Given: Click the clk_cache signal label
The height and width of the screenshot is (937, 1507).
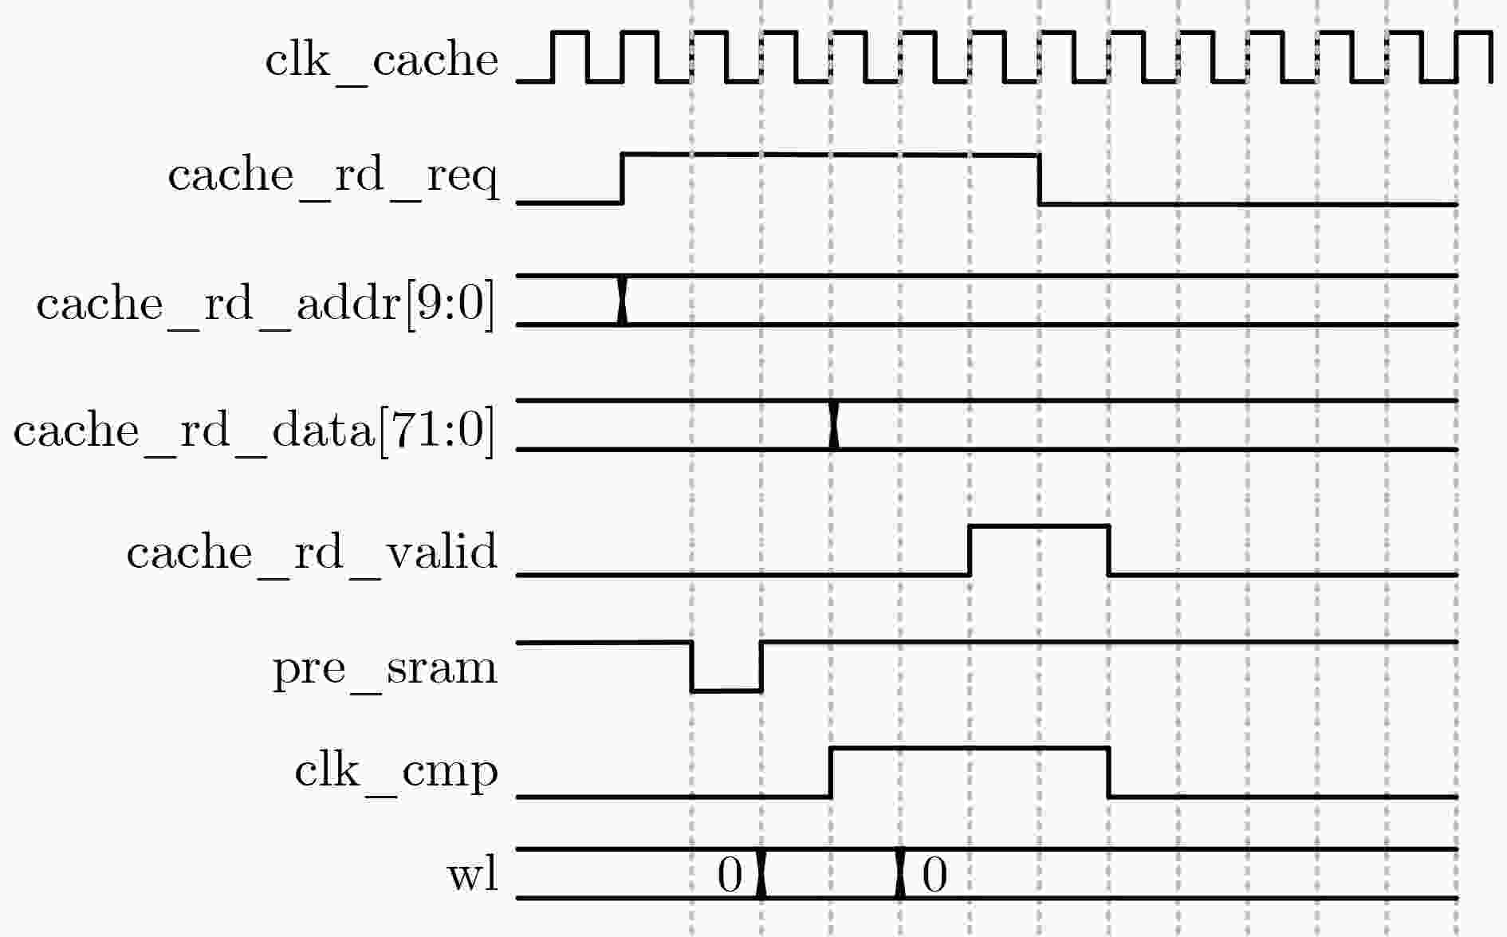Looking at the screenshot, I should pyautogui.click(x=381, y=60).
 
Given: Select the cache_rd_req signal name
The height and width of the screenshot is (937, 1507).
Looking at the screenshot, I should pyautogui.click(x=333, y=175).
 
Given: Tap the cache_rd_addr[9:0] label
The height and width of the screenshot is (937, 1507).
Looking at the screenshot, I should pyautogui.click(x=266, y=304).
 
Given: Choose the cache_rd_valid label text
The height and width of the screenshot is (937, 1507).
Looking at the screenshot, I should pyautogui.click(x=312, y=552).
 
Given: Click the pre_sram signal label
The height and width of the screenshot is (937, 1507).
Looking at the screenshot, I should pyautogui.click(x=385, y=667).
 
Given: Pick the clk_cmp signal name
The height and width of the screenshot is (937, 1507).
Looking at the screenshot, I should pyautogui.click(x=396, y=771).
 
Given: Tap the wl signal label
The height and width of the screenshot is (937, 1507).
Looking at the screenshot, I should pyautogui.click(x=472, y=874).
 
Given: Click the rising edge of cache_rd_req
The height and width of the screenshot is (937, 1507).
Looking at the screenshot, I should pyautogui.click(x=622, y=179).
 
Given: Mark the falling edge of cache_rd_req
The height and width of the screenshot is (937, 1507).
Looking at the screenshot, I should pyautogui.click(x=1040, y=179).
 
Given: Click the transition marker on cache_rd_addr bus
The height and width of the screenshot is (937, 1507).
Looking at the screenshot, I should pyautogui.click(x=623, y=301).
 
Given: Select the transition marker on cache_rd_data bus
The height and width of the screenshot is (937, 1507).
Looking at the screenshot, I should pyautogui.click(x=834, y=425).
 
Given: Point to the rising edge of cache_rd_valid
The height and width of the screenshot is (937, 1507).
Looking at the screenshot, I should pyautogui.click(x=970, y=550).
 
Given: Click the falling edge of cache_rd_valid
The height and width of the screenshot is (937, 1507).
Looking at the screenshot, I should pyautogui.click(x=1109, y=550).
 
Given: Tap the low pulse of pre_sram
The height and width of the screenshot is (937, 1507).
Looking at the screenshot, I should pyautogui.click(x=726, y=689).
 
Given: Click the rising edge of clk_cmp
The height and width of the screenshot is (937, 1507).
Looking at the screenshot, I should pyautogui.click(x=831, y=772).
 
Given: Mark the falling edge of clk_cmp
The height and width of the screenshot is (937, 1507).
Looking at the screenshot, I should pyautogui.click(x=1109, y=772).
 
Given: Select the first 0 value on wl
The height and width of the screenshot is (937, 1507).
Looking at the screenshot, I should pyautogui.click(x=730, y=875).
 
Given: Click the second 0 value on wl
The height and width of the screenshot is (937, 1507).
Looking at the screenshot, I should pyautogui.click(x=934, y=875).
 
